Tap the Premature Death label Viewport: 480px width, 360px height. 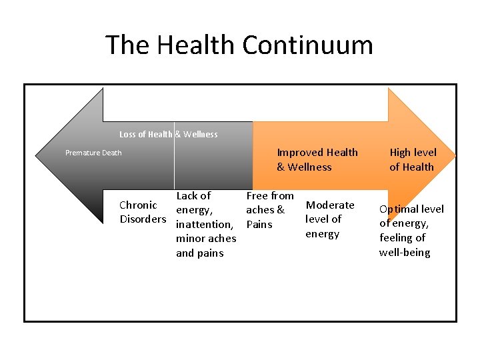pyautogui.click(x=93, y=153)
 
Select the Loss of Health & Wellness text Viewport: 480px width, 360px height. pyautogui.click(x=168, y=134)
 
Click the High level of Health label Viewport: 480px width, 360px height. pyautogui.click(x=411, y=160)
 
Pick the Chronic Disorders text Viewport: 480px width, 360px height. pyautogui.click(x=142, y=212)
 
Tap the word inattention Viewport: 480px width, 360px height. pyautogui.click(x=203, y=225)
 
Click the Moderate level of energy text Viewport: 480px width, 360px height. pyautogui.click(x=329, y=219)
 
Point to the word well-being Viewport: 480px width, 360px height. pyautogui.click(x=405, y=253)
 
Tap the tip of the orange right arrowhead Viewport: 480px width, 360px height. pyautogui.click(x=455, y=156)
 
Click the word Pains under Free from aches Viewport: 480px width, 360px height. pyautogui.click(x=259, y=225)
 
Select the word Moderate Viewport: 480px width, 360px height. pyautogui.click(x=330, y=205)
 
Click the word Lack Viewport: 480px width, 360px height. pyautogui.click(x=187, y=196)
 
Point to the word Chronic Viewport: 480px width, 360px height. pyautogui.click(x=138, y=205)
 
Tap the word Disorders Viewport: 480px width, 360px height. pyautogui.click(x=143, y=219)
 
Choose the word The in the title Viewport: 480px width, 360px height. pyautogui.click(x=127, y=45)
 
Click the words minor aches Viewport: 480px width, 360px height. pyautogui.click(x=206, y=239)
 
